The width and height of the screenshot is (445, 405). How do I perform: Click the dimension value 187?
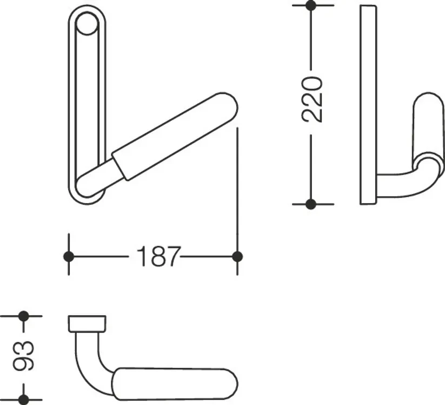point(158,256)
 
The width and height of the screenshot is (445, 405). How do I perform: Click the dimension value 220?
point(312,99)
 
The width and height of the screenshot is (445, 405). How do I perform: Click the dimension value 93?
point(24,356)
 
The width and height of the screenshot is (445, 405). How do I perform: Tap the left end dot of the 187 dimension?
point(68,256)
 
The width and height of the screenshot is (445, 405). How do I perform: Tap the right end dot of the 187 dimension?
point(237,256)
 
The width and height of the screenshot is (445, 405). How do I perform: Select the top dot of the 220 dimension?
point(311,5)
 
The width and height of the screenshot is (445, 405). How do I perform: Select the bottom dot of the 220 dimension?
point(311,204)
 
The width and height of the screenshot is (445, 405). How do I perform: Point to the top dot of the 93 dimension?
point(24,316)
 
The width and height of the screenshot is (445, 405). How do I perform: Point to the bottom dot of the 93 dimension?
point(24,400)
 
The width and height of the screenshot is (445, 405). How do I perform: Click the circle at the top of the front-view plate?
point(88,24)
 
